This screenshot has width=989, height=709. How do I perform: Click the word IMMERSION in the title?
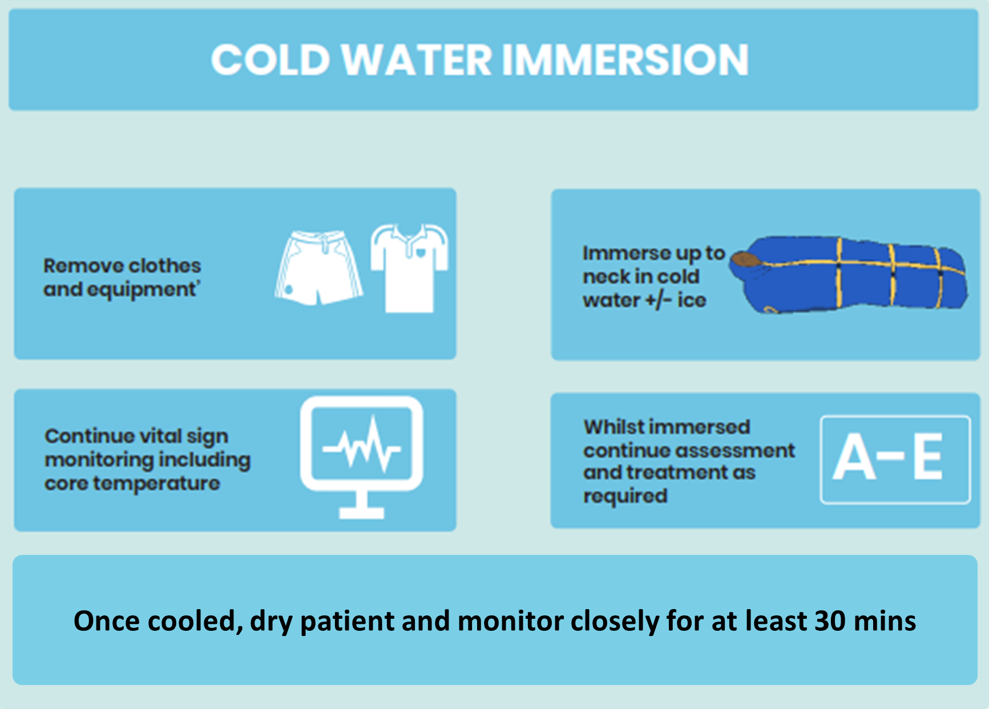coord(625,60)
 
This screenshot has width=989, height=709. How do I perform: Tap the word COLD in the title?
coord(271,60)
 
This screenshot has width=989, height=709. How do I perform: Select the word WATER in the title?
coord(417,60)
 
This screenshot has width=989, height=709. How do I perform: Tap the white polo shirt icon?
coord(410,268)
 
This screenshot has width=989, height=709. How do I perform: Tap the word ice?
coord(692,300)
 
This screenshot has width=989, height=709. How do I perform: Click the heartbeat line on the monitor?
coord(362,445)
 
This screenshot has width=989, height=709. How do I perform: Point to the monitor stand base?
coord(362,513)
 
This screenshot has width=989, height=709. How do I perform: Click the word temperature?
coord(157,484)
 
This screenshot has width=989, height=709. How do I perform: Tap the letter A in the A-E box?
coord(854,457)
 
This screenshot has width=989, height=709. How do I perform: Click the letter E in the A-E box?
coord(927,457)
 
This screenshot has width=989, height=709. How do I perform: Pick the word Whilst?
coord(613,427)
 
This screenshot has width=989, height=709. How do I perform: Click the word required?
coord(625,497)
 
